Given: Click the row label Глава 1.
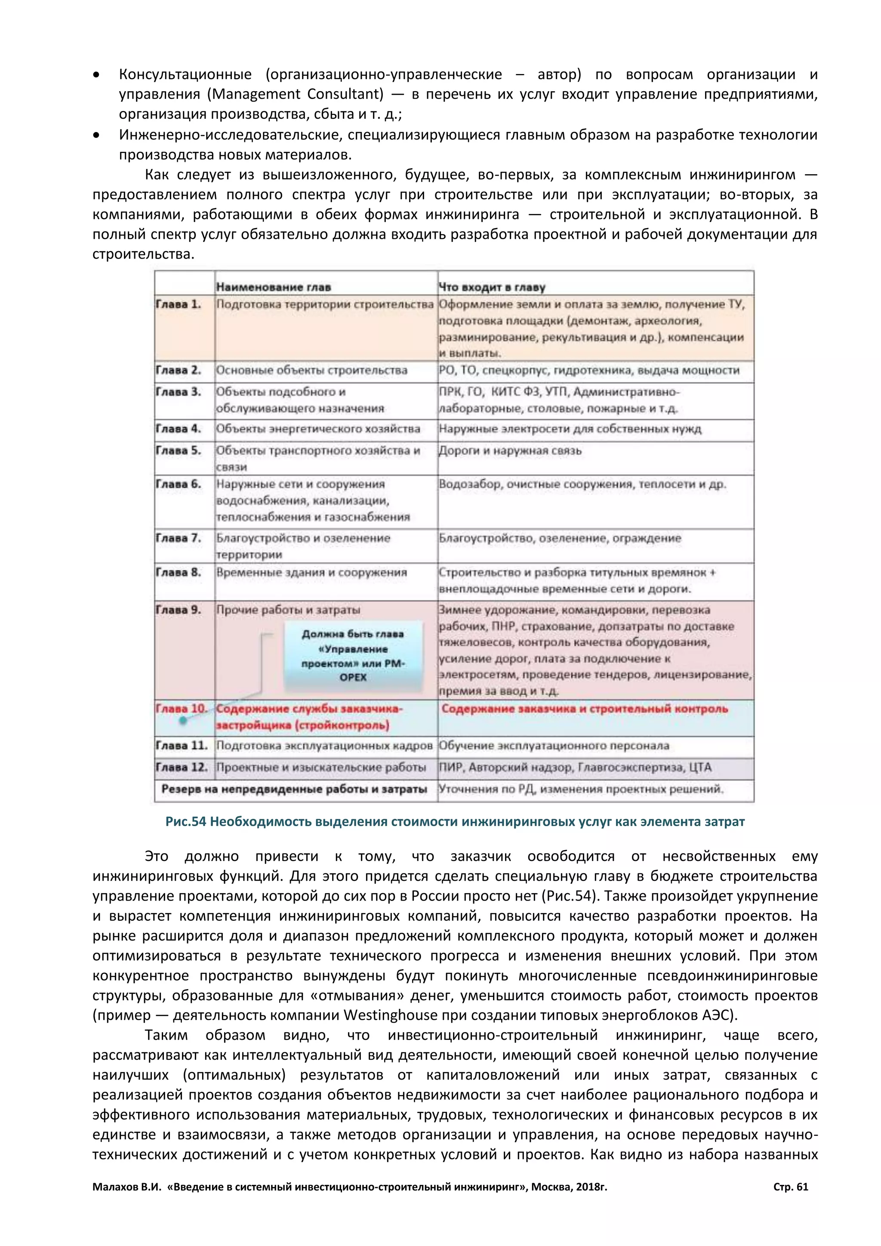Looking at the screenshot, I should click(x=178, y=305).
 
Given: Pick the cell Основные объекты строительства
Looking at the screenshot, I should click(x=311, y=370).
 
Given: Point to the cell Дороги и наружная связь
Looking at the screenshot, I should click(x=510, y=451).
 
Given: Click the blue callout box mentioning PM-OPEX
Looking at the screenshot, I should click(x=353, y=656).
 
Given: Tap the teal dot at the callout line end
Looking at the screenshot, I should click(x=183, y=721).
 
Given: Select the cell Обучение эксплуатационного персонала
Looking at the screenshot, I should click(x=554, y=746).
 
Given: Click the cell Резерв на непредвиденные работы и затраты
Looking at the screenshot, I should click(x=294, y=790).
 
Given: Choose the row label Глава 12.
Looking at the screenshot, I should click(x=181, y=768).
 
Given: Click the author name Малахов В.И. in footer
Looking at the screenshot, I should click(x=127, y=1187).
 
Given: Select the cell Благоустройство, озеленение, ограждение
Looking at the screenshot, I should click(x=560, y=538).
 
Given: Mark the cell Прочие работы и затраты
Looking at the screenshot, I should click(x=288, y=610).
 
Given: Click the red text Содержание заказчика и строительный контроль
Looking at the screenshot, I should click(x=584, y=709).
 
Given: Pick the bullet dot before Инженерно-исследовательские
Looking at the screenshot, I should click(x=96, y=135).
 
